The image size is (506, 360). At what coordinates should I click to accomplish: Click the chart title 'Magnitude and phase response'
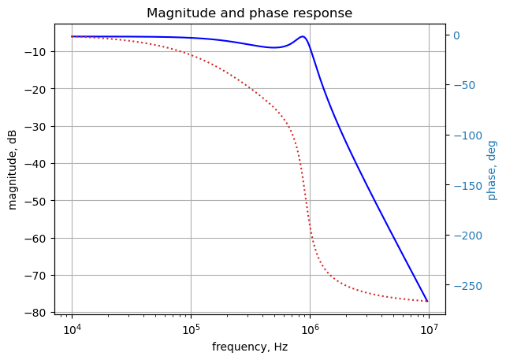coord(249,13)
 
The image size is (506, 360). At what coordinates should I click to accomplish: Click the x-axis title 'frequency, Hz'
coord(249,347)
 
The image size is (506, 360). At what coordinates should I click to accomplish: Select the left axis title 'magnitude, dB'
coord(13,169)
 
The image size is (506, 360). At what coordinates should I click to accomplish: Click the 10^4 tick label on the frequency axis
coord(72,328)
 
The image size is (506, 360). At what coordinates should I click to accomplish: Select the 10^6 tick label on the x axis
coord(310,328)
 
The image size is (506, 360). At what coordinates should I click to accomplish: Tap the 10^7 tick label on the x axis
coord(429,328)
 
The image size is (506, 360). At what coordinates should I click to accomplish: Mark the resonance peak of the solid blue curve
coord(303,36)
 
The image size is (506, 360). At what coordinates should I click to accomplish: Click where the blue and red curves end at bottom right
coord(427,301)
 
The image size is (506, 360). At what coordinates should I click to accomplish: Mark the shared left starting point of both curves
coord(72,36)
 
